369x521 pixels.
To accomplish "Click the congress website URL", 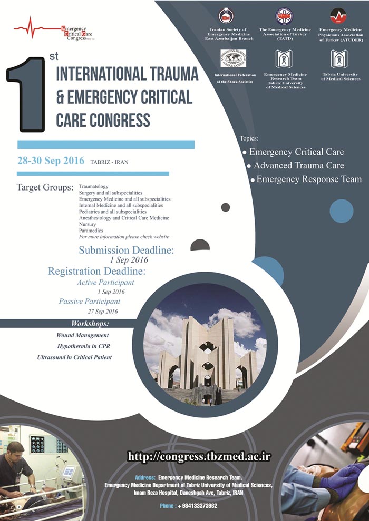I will coord(199,456).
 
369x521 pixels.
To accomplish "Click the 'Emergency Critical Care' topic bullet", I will coord(296,152).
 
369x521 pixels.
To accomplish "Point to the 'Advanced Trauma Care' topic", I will coord(298,166).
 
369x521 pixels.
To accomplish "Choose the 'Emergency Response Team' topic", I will coord(308,179).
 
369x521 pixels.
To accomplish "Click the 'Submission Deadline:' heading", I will coord(126,250).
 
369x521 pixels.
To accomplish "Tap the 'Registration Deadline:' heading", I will coord(96,272).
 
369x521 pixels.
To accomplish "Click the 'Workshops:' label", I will coord(90,323).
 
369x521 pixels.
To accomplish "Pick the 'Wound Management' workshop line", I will coord(82,335).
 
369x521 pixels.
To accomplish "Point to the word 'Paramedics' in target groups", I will coord(91,231).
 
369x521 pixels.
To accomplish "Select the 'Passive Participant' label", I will coord(89,302).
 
